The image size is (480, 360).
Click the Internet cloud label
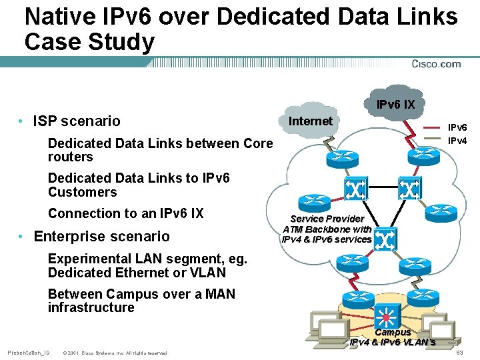[x=310, y=121]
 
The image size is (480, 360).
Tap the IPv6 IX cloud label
[x=395, y=105]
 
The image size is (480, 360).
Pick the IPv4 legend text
[x=457, y=141]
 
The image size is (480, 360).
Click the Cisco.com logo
[x=436, y=64]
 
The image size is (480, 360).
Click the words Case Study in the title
[x=89, y=42]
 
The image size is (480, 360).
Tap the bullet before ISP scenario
[x=22, y=121]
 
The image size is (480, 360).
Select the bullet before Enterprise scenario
[x=22, y=237]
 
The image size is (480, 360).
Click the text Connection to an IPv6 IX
[x=125, y=213]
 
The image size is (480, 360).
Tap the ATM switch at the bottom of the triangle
[x=386, y=237]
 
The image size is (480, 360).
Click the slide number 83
[x=459, y=352]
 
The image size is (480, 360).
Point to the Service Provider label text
[x=327, y=219]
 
